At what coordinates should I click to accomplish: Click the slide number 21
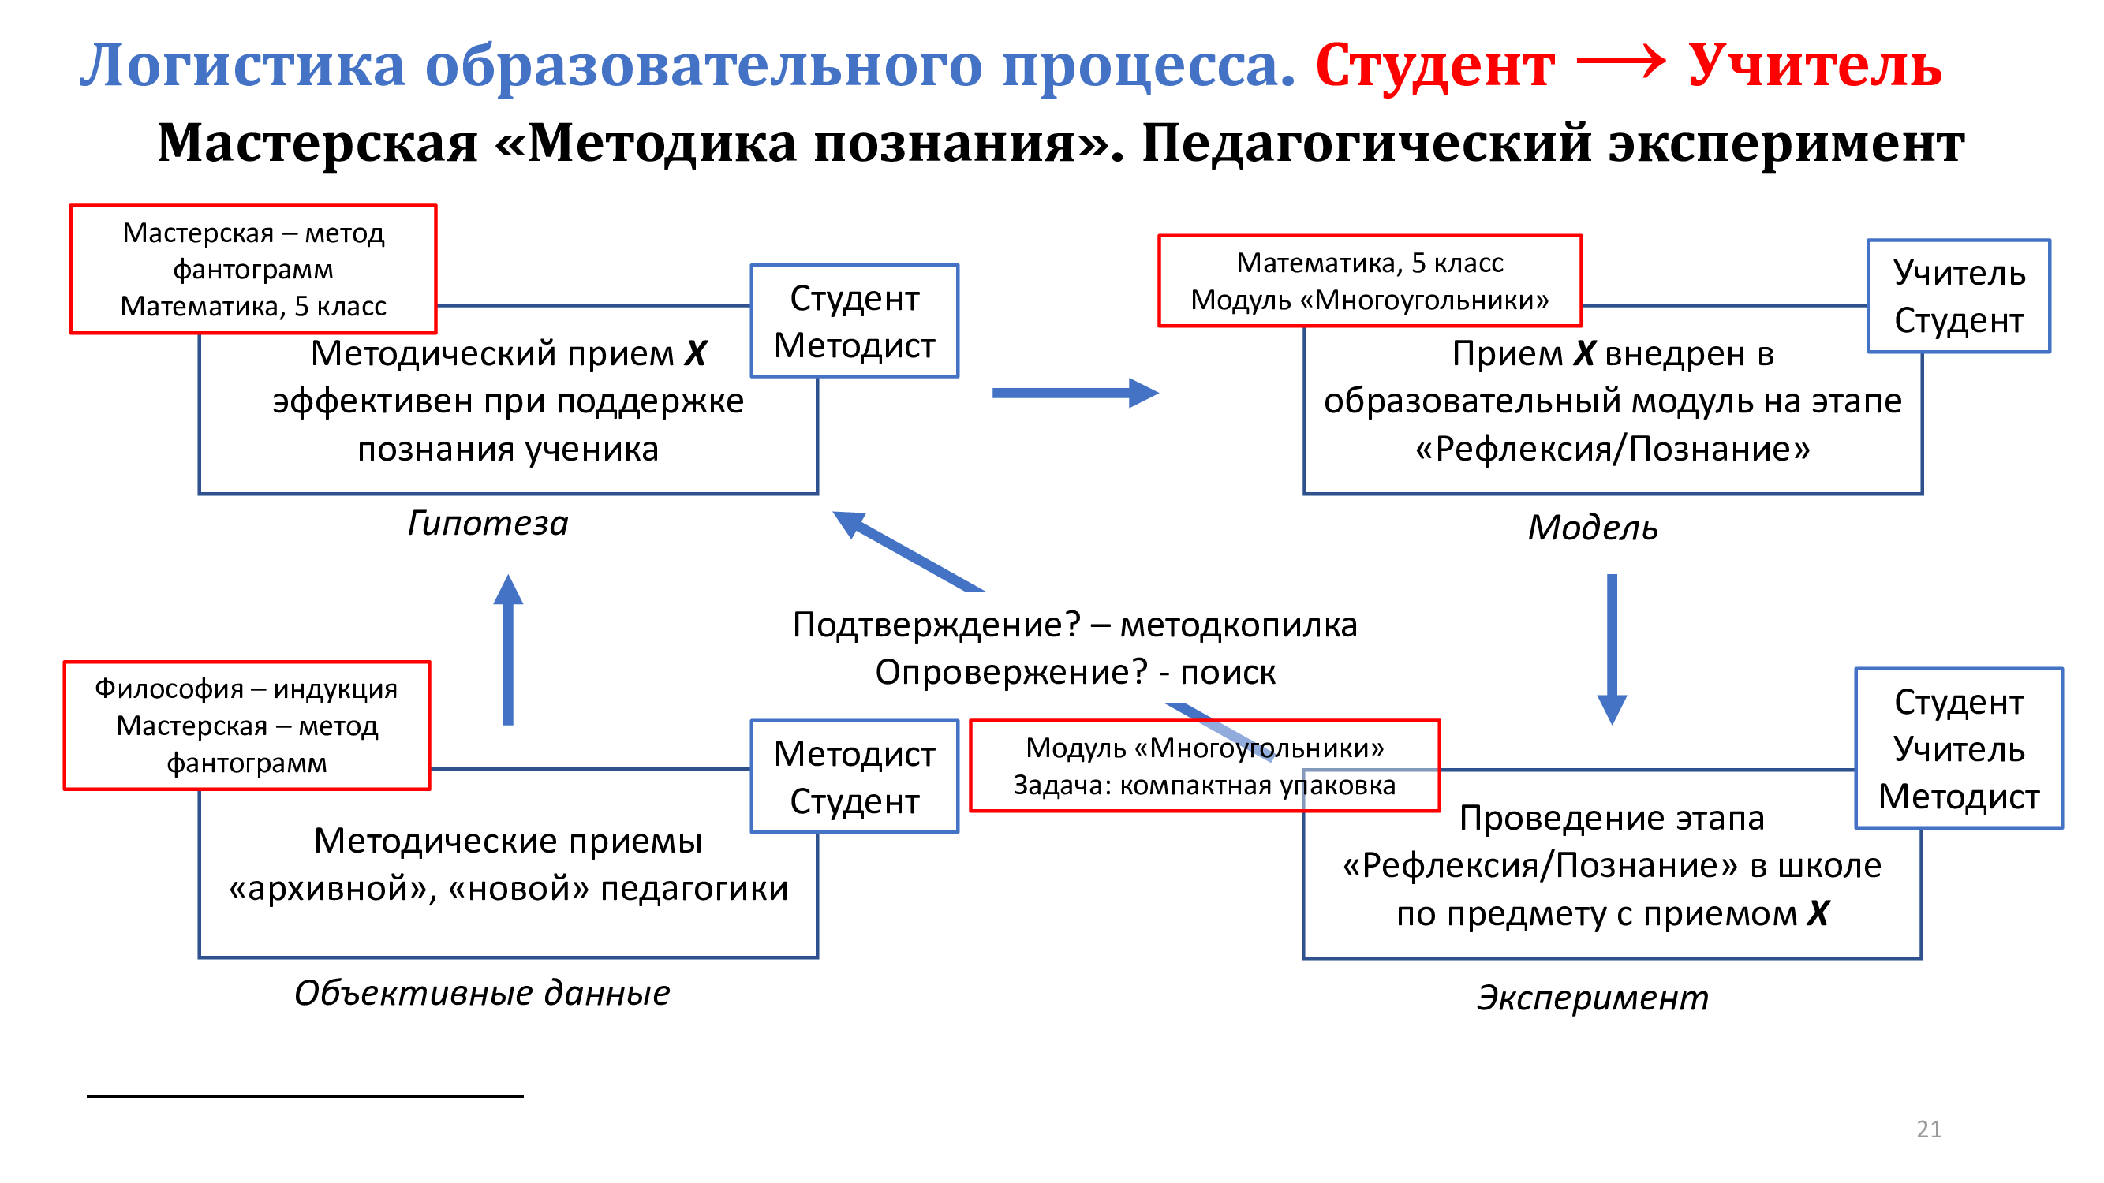[x=1928, y=1129]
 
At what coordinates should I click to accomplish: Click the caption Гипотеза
[x=488, y=524]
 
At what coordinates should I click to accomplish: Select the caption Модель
[x=1593, y=528]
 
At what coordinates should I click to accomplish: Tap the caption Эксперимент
[x=1593, y=998]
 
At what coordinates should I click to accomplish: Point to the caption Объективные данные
[x=482, y=993]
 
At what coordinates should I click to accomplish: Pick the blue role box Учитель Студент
[x=1959, y=297]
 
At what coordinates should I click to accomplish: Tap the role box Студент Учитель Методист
[x=1959, y=748]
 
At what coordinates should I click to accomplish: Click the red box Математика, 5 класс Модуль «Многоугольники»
[x=1370, y=281]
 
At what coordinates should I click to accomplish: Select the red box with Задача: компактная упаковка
[x=1204, y=766]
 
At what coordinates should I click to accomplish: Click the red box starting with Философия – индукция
[x=247, y=725]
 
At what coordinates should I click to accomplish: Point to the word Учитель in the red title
[x=1814, y=65]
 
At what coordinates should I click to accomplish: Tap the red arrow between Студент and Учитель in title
[x=1620, y=62]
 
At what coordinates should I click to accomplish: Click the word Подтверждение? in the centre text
[x=936, y=625]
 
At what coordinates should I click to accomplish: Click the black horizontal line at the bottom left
[x=305, y=1095]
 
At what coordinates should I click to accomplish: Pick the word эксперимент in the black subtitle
[x=1785, y=144]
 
